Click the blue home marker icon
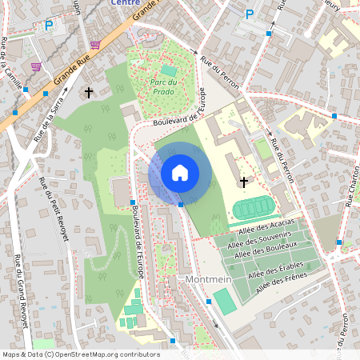coord(180,173)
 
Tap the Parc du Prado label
coord(168,86)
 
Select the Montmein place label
coord(208,280)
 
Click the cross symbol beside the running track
coord(244,182)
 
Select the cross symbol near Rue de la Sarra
coord(88,93)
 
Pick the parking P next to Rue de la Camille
coord(49,26)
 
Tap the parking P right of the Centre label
coord(250,14)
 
